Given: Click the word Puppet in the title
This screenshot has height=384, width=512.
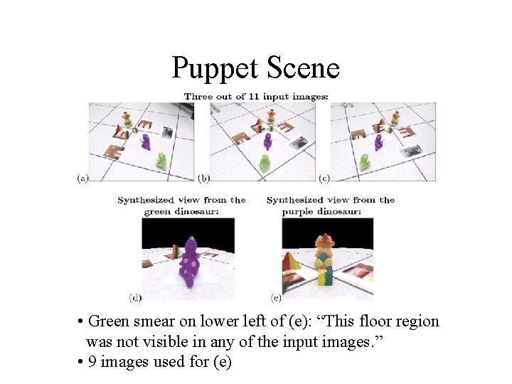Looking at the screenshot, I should click(215, 69).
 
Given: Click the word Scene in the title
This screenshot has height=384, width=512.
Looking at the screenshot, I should click(304, 69).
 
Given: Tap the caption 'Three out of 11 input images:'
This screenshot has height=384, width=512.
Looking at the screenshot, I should click(255, 96).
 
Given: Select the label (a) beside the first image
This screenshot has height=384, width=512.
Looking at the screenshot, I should click(82, 178).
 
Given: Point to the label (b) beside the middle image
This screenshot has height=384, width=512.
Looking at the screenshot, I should click(204, 178).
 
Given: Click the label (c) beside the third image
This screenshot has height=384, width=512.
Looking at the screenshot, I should click(324, 178).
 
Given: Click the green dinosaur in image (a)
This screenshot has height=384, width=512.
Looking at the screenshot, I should click(162, 161).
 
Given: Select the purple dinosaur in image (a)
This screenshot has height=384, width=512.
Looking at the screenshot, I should click(146, 141).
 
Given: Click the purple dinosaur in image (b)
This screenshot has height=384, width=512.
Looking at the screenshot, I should click(267, 142).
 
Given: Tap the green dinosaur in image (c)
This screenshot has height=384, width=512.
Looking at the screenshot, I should click(365, 161).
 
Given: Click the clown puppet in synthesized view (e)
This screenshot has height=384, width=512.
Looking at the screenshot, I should click(324, 260).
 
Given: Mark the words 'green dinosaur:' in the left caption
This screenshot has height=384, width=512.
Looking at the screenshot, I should click(181, 211).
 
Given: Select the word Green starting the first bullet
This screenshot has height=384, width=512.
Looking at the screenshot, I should click(110, 321).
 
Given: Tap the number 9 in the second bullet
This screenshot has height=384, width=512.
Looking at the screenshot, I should click(92, 362).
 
